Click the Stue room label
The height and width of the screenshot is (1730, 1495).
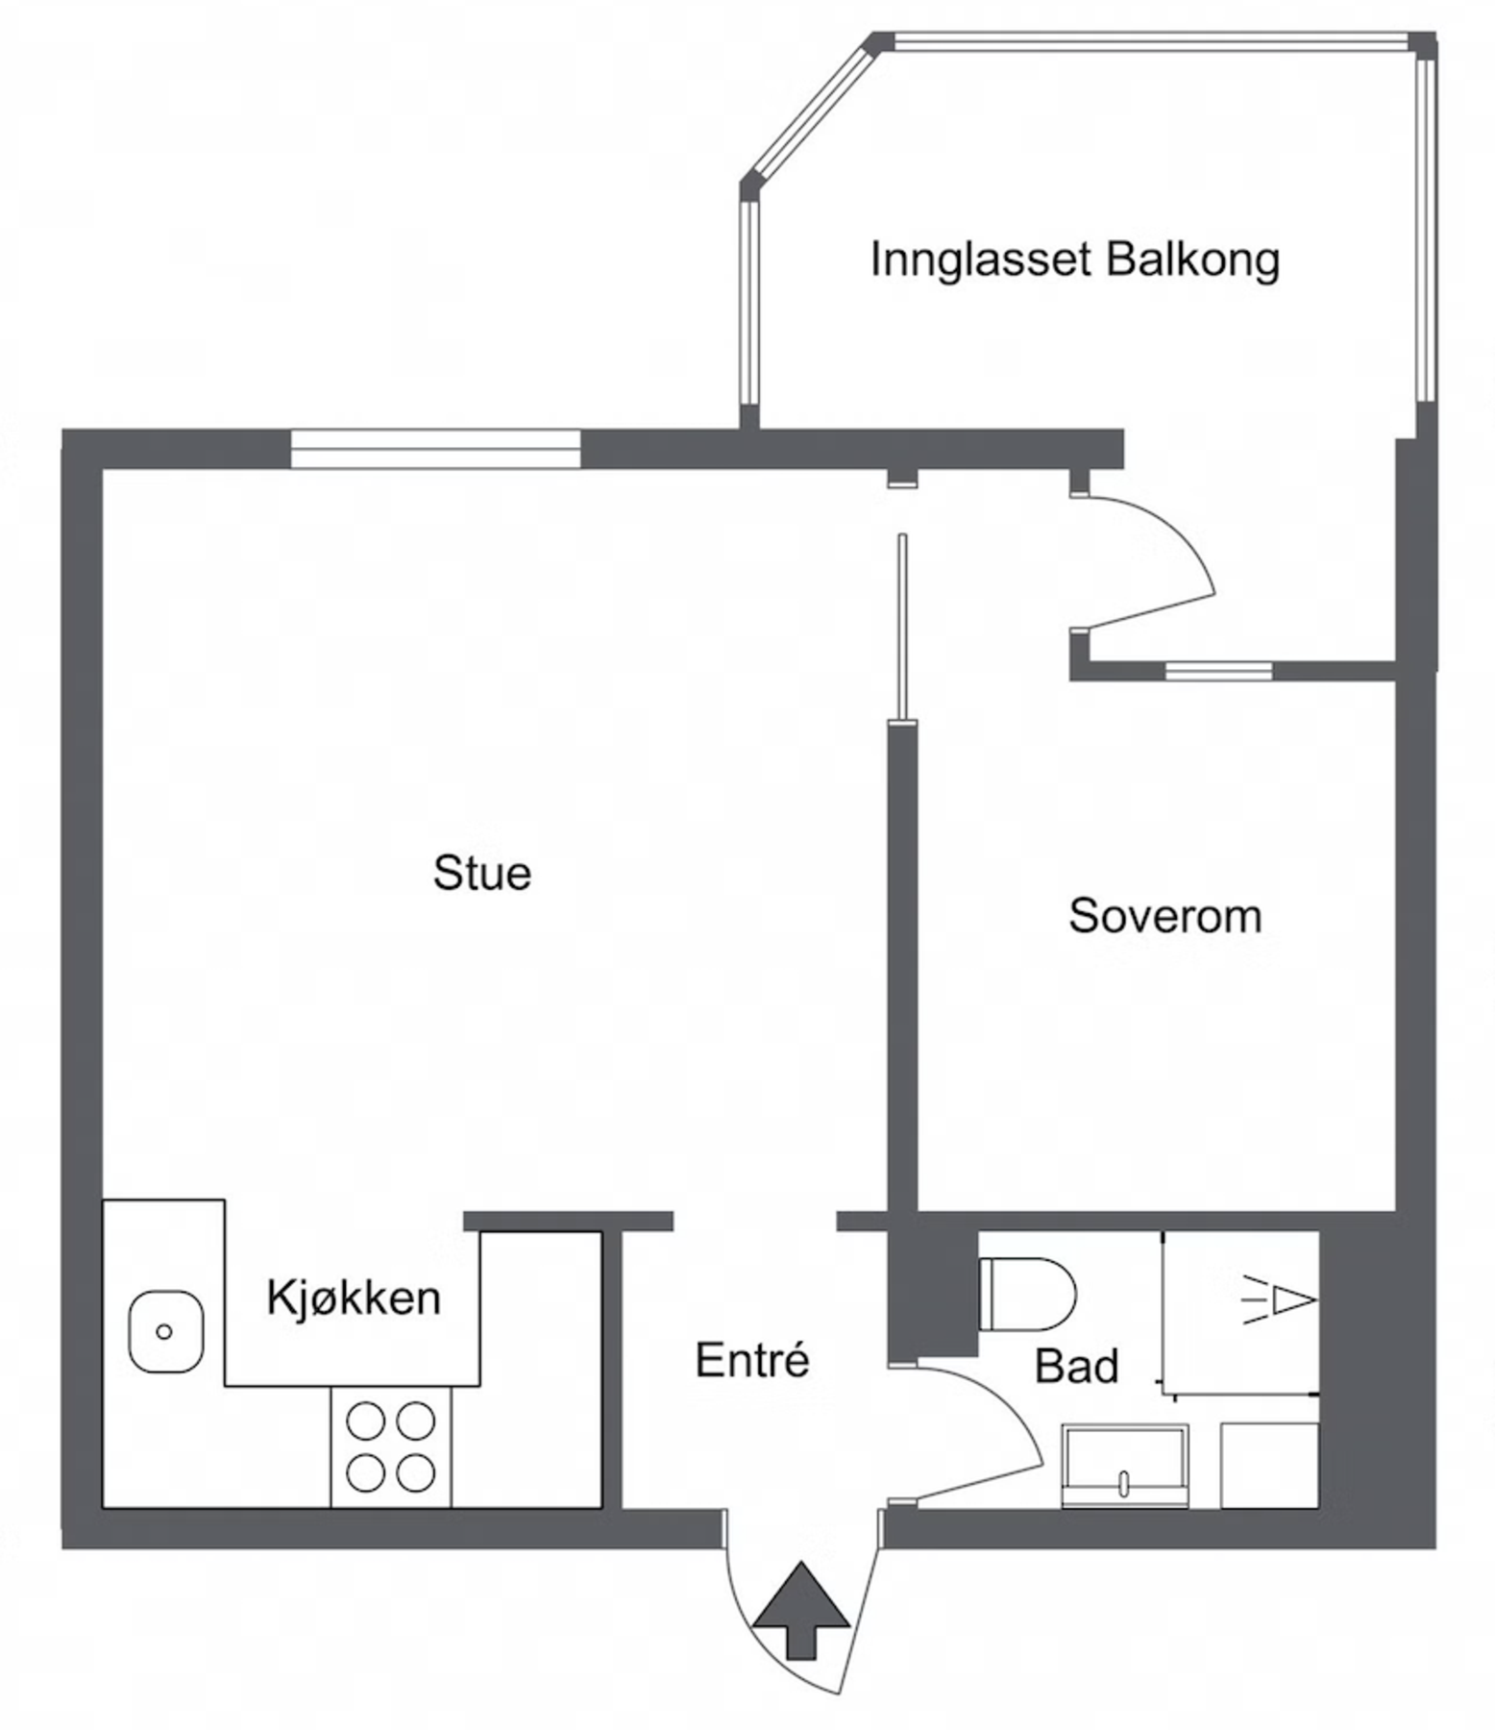[481, 873]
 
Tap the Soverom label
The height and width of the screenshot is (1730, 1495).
[1164, 916]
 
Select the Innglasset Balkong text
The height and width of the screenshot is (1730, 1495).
[1075, 260]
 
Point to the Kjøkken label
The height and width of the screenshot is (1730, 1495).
[354, 1297]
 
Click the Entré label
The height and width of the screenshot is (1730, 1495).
[752, 1360]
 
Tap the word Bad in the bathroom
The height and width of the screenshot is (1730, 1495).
[1077, 1366]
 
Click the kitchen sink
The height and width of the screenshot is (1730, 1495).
[165, 1331]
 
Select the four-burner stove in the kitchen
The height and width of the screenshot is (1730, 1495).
[391, 1446]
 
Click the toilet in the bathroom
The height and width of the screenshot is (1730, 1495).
[1027, 1294]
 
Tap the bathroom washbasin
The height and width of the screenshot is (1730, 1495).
[1125, 1467]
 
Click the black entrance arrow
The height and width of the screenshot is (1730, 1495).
[801, 1610]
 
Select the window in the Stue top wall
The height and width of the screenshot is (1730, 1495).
[435, 449]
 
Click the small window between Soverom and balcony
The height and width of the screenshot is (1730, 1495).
[1218, 671]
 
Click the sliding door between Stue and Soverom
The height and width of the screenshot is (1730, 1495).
[902, 627]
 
